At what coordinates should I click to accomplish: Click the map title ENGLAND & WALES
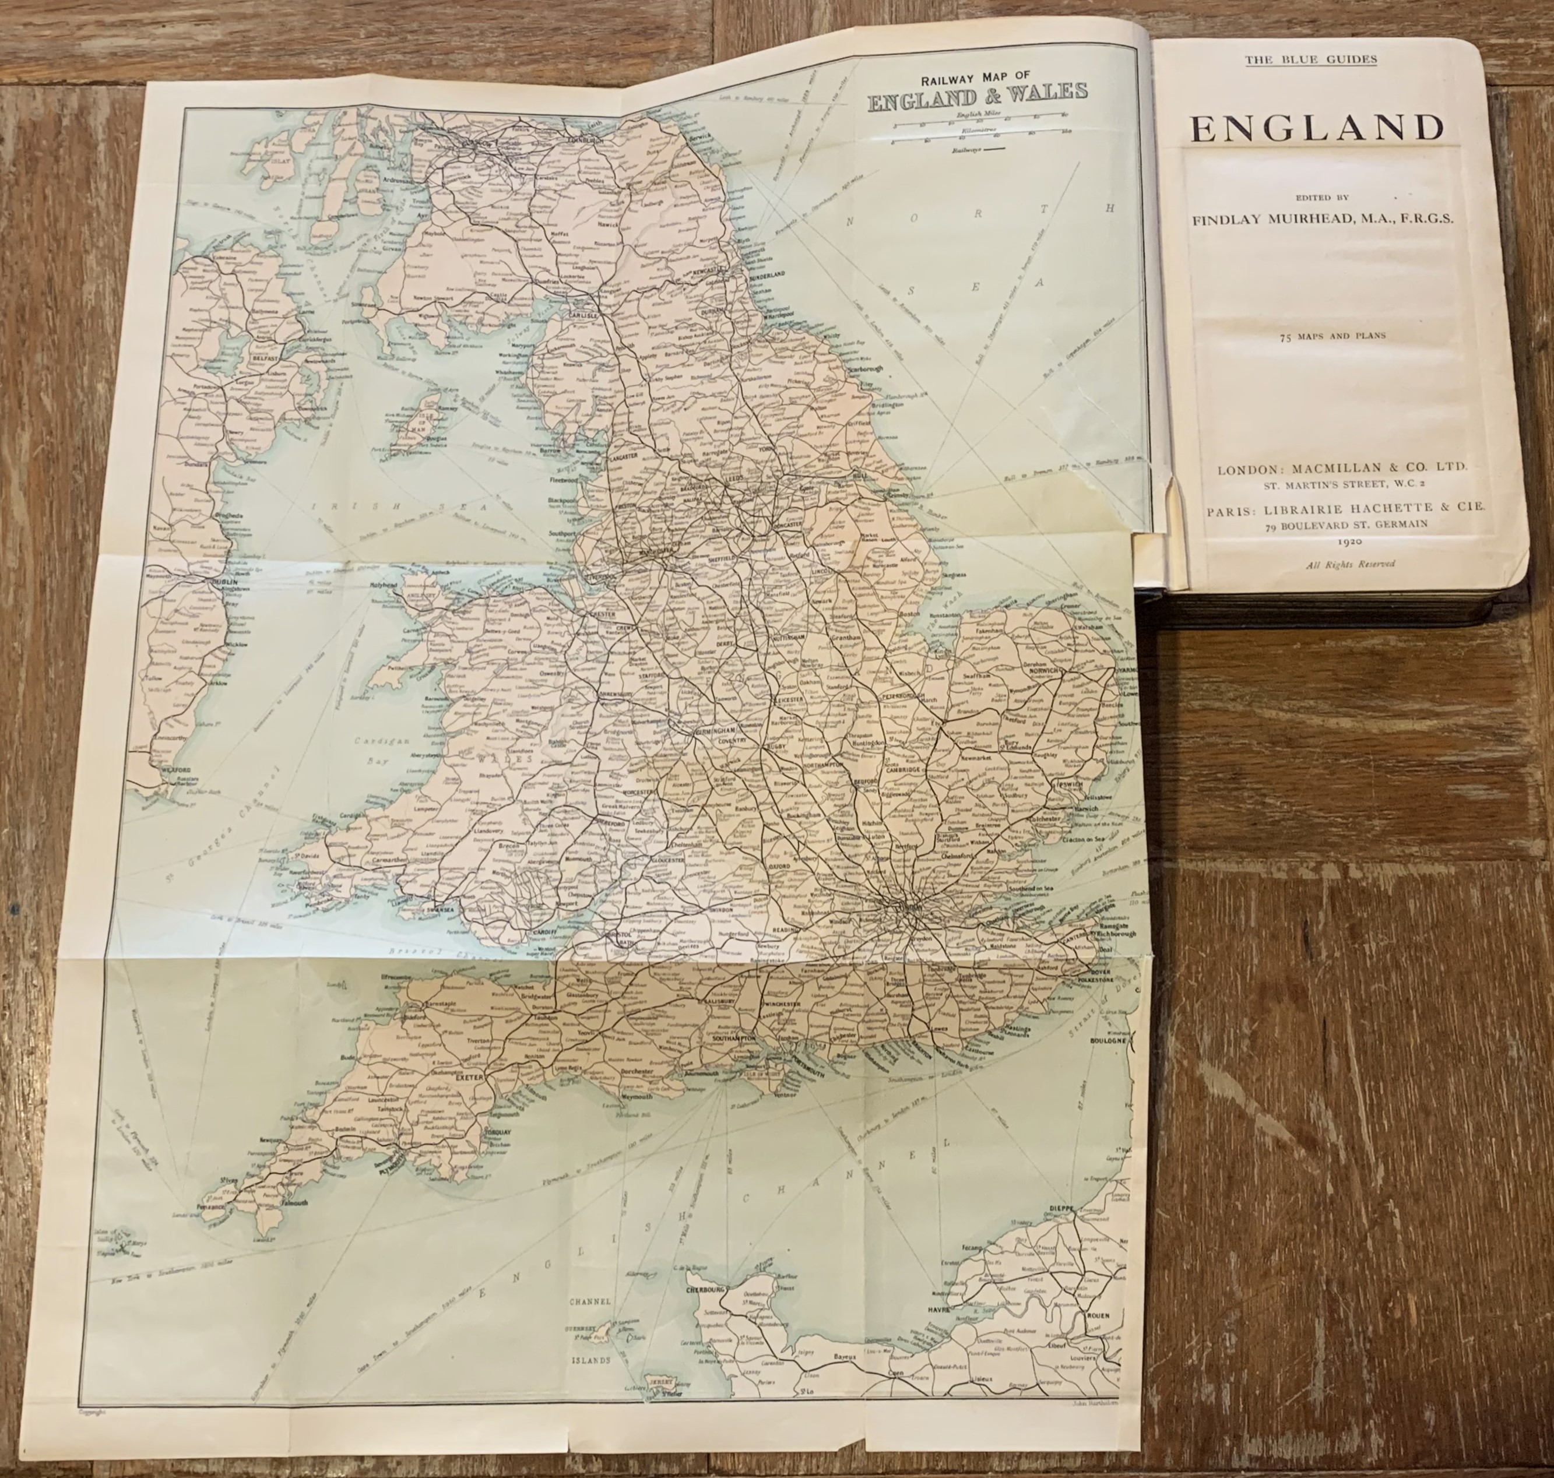977,92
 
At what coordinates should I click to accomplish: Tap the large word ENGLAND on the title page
1317,128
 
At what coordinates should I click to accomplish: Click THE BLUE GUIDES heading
1310,59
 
